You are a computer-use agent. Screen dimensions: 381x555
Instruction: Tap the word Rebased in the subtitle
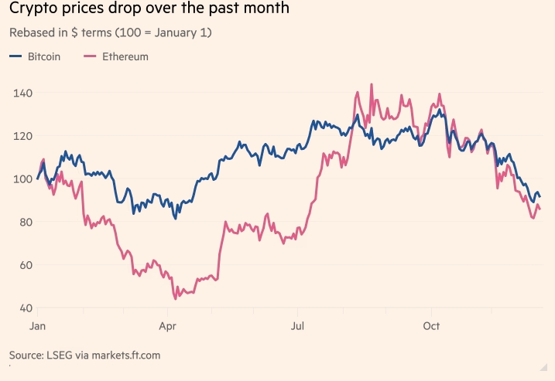point(30,34)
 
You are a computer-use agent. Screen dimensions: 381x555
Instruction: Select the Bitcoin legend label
point(44,56)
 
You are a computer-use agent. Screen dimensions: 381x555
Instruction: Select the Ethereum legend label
point(125,56)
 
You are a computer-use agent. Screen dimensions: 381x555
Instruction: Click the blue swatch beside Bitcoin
point(15,56)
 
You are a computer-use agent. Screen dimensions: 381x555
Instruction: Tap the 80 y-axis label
point(23,222)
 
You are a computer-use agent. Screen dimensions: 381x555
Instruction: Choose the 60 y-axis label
point(23,265)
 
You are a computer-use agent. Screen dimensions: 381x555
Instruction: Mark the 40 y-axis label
point(23,308)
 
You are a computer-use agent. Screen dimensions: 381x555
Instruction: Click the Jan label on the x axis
point(37,326)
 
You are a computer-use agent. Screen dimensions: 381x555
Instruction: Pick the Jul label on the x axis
point(296,326)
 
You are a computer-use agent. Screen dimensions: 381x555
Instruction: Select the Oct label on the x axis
point(430,326)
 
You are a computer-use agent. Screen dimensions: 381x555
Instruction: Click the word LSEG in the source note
point(63,355)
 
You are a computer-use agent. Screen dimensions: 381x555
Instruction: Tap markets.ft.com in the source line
point(126,355)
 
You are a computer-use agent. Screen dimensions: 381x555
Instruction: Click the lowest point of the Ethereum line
point(175,298)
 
